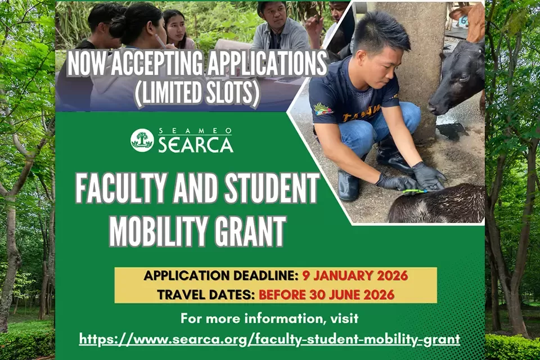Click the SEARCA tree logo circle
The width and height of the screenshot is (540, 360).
[142, 140]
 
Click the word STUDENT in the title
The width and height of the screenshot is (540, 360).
[272, 189]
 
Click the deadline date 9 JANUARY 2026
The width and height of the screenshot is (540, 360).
[355, 276]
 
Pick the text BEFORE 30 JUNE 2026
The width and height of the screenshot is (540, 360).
[326, 295]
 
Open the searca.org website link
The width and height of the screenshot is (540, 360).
[269, 339]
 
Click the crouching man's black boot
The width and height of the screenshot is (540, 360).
[349, 184]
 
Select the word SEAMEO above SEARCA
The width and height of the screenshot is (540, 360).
[195, 130]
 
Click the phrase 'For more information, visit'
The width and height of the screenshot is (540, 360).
[269, 318]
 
